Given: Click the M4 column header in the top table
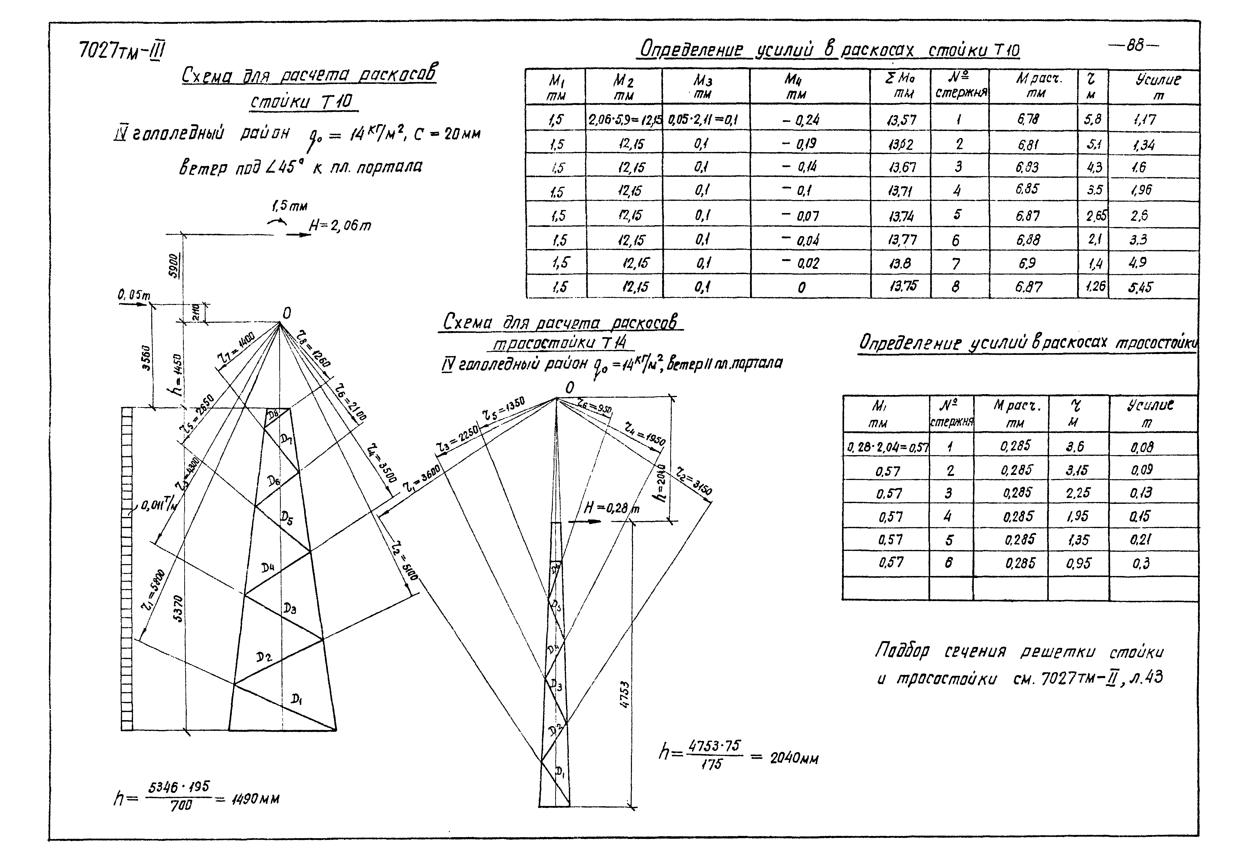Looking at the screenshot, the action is (794, 87).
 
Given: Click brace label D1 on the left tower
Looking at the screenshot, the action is (296, 699).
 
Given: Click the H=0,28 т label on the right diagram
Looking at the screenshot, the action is (611, 508).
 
